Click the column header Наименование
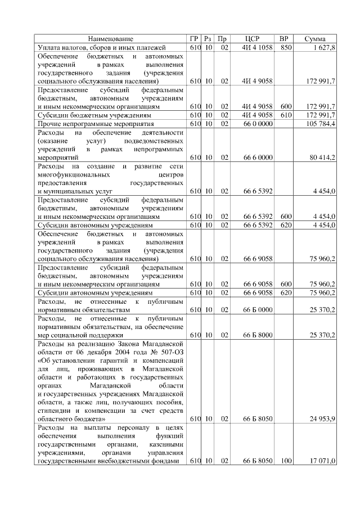pyautogui.click(x=111, y=39)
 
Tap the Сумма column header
pyautogui.click(x=316, y=39)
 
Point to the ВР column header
pyautogui.click(x=286, y=39)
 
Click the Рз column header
pyautogui.click(x=208, y=39)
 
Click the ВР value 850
pyautogui.click(x=286, y=48)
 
